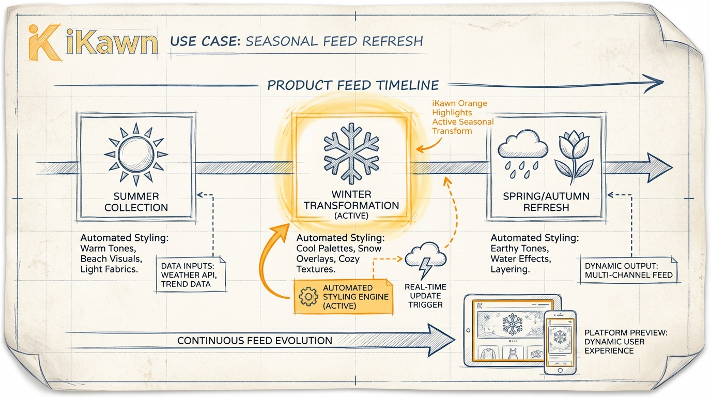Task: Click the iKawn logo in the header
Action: (x=92, y=41)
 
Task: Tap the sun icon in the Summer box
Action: (x=136, y=154)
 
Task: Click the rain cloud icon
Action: (x=522, y=150)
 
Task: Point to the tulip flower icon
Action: (x=573, y=154)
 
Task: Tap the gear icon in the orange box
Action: (x=308, y=296)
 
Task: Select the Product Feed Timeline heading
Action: (x=353, y=85)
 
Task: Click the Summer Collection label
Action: (x=136, y=202)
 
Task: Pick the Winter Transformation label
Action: (x=351, y=202)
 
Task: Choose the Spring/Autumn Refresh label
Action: (x=546, y=202)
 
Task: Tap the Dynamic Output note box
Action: (x=628, y=270)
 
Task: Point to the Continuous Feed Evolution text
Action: (x=255, y=341)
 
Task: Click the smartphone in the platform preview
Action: (x=560, y=342)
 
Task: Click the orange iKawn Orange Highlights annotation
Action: (x=462, y=117)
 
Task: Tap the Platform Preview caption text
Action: (x=626, y=342)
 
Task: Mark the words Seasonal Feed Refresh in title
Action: (x=334, y=41)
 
